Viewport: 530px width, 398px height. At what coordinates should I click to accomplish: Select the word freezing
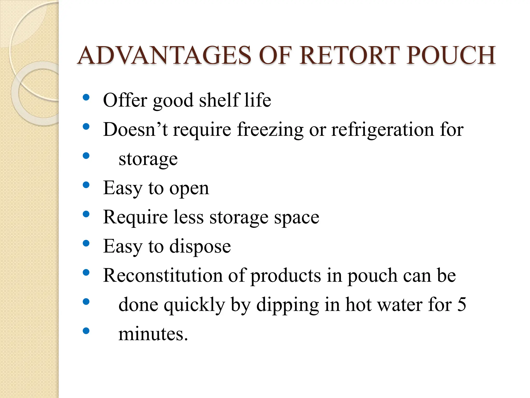270,130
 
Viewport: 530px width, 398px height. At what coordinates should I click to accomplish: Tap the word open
189,189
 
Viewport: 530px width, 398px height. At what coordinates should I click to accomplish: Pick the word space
297,218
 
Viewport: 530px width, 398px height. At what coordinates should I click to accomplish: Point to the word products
286,276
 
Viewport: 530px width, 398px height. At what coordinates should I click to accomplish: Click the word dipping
288,305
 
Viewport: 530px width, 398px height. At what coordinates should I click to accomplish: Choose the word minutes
153,334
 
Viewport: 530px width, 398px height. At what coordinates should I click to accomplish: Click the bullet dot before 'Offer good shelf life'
86,97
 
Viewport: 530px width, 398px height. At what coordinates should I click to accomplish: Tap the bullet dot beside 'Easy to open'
86,185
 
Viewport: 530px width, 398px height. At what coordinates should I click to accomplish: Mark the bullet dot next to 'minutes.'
86,331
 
